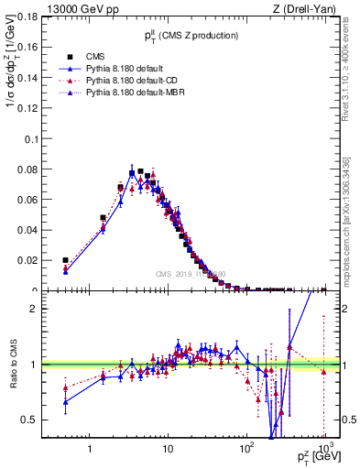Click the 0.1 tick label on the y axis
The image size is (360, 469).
tap(34, 139)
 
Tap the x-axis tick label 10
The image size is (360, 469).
tap(167, 449)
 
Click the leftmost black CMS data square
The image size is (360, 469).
tap(65, 260)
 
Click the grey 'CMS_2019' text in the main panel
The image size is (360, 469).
tap(191, 273)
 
